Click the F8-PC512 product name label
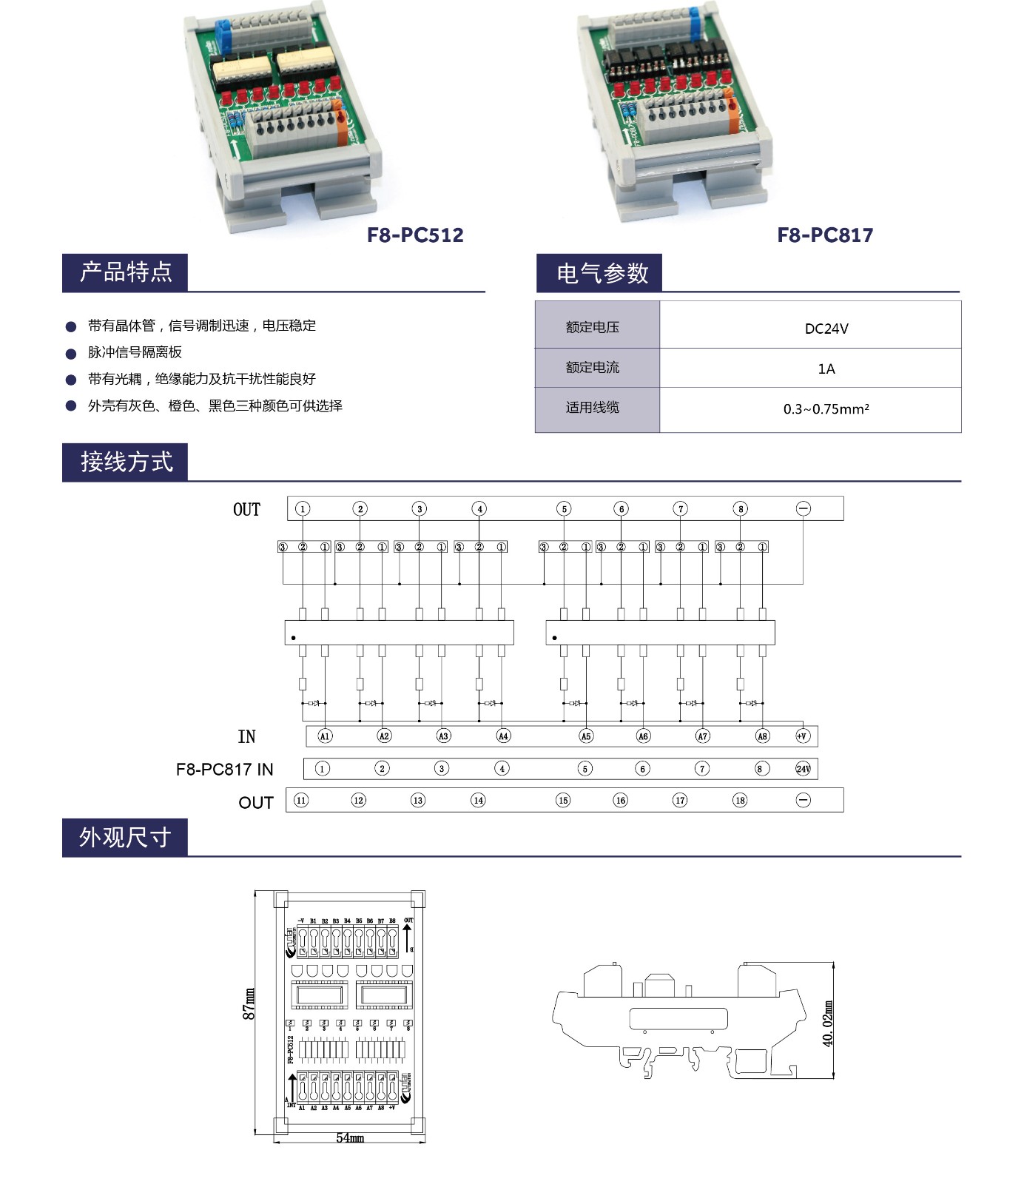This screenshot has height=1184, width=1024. (x=415, y=235)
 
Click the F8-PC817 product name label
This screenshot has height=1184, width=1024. (x=825, y=235)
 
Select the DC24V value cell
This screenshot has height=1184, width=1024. (x=826, y=329)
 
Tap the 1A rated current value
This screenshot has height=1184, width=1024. (x=826, y=369)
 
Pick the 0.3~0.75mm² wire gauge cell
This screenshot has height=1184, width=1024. (x=826, y=408)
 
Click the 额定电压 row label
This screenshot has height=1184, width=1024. (x=593, y=327)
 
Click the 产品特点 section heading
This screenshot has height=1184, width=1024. (x=126, y=272)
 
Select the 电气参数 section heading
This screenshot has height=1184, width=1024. (x=602, y=273)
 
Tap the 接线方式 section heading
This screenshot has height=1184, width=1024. (x=127, y=462)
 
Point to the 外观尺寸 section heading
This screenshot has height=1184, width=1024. (x=125, y=837)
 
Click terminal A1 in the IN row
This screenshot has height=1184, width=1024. (x=324, y=736)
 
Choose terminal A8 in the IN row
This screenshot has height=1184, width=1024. (x=762, y=736)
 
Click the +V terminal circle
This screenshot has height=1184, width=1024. (x=802, y=736)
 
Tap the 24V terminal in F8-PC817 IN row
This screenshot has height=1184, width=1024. (x=803, y=769)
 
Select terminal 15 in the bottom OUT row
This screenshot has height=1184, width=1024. (x=563, y=800)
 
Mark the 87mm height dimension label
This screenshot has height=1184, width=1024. (x=249, y=1004)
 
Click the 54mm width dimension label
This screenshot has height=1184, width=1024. (x=350, y=1137)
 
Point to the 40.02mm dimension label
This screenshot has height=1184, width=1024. (x=828, y=1023)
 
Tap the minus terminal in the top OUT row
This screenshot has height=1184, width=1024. (x=804, y=508)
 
